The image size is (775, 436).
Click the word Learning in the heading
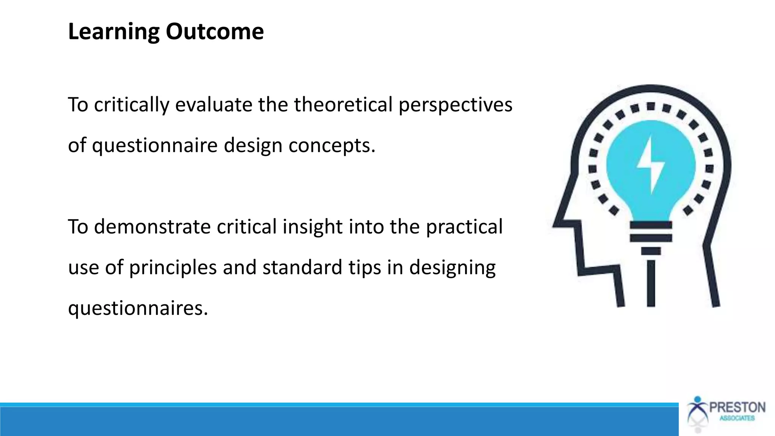point(114,32)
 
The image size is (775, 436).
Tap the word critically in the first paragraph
point(131,105)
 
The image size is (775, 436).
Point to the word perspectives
point(455,105)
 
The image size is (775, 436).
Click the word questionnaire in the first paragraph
point(154,146)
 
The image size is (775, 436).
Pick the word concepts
point(331,146)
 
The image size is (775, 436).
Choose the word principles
point(173,268)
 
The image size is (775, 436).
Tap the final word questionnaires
point(138,308)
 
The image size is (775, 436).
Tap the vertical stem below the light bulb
point(651,283)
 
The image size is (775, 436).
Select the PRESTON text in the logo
point(737,408)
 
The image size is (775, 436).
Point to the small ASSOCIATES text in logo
point(737,419)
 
